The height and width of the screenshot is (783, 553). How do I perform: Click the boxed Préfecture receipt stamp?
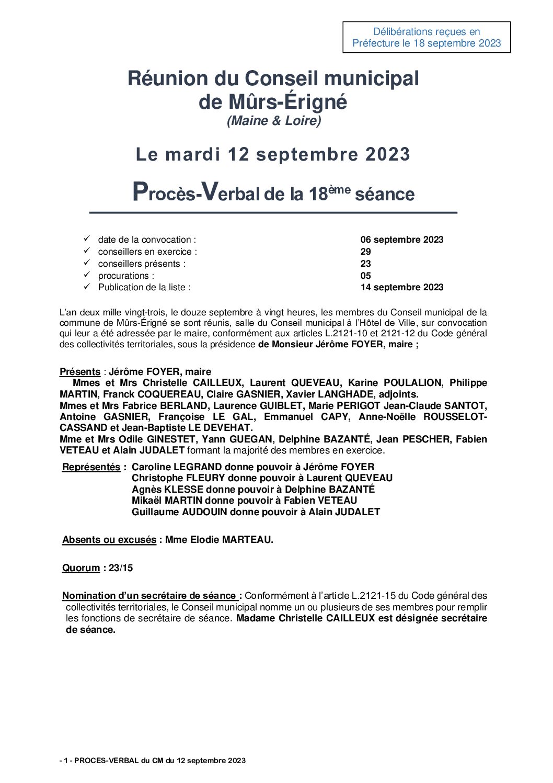[427, 37]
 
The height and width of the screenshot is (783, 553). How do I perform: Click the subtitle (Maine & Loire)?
[274, 121]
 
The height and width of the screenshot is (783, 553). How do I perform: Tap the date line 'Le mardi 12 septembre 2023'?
[273, 154]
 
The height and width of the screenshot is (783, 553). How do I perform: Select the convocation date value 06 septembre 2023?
[401, 240]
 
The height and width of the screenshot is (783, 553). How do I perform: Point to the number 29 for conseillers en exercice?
[365, 252]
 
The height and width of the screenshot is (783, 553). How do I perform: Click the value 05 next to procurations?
[365, 276]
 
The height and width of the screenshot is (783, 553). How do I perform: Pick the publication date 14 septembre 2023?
[401, 287]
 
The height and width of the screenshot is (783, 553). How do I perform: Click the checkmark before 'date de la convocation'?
[87, 239]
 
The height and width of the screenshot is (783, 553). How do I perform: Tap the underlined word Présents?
[80, 372]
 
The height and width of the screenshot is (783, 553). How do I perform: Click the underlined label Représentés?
[91, 467]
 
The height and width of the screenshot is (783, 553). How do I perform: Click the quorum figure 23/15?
[121, 568]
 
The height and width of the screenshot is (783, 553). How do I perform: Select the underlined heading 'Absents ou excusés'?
[109, 540]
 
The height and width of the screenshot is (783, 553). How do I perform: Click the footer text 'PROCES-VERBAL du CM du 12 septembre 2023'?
[159, 761]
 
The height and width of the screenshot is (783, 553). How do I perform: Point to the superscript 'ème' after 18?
[339, 189]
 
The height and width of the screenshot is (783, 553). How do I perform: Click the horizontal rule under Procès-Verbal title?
[273, 213]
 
